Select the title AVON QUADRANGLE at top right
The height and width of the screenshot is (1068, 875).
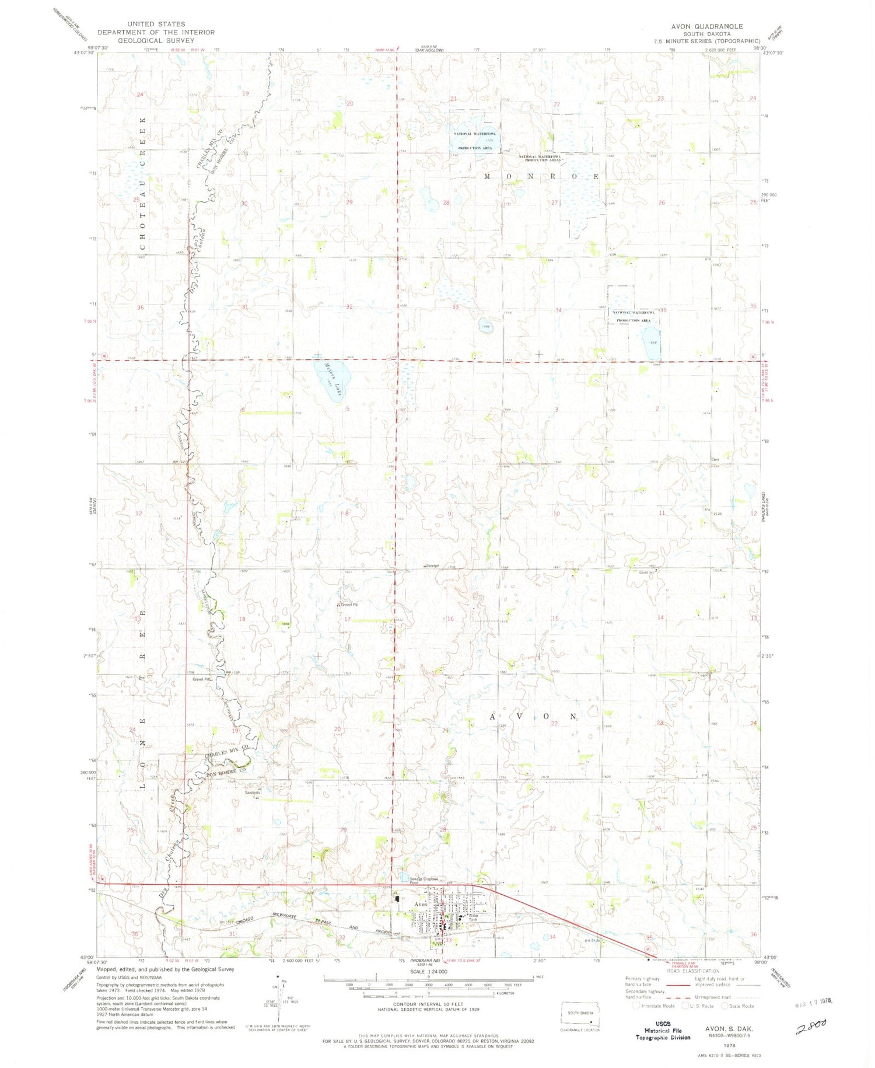[x=706, y=26]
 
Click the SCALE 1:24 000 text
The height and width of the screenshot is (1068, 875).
[x=428, y=971]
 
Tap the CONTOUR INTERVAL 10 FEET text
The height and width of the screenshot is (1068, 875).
[x=428, y=1003]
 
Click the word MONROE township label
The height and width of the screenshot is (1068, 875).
[x=540, y=176]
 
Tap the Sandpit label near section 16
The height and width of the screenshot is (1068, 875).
[x=432, y=566]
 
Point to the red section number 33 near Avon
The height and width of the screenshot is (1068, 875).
[x=449, y=940]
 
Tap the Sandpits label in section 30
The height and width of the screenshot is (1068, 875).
[x=252, y=793]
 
